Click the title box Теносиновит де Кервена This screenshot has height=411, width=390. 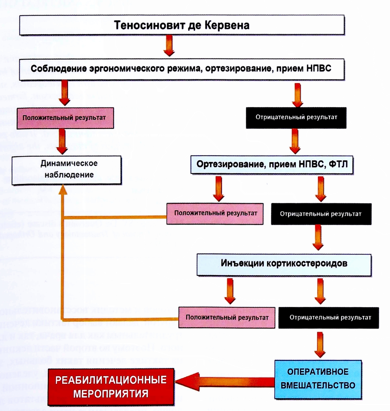pyautogui.click(x=182, y=25)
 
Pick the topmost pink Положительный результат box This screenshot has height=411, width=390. pyautogui.click(x=65, y=118)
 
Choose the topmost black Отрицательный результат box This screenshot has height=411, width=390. pyautogui.click(x=296, y=117)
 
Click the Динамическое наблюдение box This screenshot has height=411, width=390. pyautogui.click(x=67, y=169)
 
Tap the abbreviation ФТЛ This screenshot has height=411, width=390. pyautogui.click(x=338, y=164)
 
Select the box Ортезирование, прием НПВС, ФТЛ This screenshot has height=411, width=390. pyautogui.click(x=272, y=165)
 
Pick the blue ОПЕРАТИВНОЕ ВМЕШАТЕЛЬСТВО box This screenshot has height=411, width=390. pyautogui.click(x=318, y=379)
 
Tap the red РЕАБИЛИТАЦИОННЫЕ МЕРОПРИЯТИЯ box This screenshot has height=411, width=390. pyautogui.click(x=111, y=387)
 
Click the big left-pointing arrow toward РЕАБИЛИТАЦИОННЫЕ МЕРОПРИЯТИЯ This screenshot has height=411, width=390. pyautogui.click(x=223, y=381)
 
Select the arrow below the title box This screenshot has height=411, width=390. pyautogui.click(x=169, y=46)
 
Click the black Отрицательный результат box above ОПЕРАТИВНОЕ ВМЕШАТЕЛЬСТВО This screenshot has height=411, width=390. pyautogui.click(x=329, y=318)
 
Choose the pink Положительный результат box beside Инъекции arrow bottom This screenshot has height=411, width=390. pyautogui.click(x=227, y=318)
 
